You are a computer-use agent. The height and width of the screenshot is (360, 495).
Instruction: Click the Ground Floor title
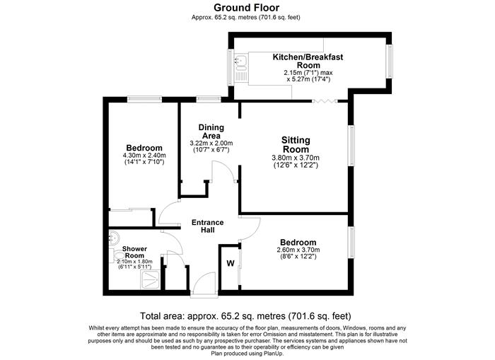pyautogui.click(x=246, y=7)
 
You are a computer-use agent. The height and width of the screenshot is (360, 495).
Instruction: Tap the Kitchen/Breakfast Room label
pyautogui.click(x=308, y=62)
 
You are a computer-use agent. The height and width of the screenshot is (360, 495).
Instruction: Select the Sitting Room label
pyautogui.click(x=296, y=144)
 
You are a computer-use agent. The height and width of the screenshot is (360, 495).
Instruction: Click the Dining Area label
pyautogui.click(x=211, y=132)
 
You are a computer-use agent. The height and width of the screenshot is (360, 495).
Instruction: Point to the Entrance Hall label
pyautogui.click(x=207, y=226)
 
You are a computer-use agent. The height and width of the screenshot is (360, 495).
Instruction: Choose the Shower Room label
pyautogui.click(x=134, y=252)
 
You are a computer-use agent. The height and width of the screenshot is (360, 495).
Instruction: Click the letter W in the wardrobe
pyautogui.click(x=231, y=263)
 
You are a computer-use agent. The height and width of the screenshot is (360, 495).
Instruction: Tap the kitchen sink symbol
pyautogui.click(x=241, y=63)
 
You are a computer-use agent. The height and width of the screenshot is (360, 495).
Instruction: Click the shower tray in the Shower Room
pyautogui.click(x=150, y=280)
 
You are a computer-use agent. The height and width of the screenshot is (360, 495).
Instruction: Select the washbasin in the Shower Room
pyautogui.click(x=114, y=238)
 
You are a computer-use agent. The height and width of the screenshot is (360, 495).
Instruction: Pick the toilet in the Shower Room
pyautogui.click(x=116, y=255)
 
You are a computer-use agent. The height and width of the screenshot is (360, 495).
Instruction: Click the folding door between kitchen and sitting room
pyautogui.click(x=325, y=101)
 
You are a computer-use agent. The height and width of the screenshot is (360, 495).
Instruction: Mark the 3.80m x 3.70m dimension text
pyautogui.click(x=296, y=158)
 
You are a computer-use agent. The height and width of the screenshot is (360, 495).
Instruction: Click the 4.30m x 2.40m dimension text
pyautogui.click(x=144, y=156)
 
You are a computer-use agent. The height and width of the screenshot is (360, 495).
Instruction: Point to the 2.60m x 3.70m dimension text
pyautogui.click(x=298, y=250)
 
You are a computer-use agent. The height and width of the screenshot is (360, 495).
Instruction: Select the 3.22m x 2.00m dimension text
pyautogui.click(x=211, y=143)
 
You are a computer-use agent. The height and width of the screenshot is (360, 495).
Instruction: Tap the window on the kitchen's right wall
pyautogui.click(x=390, y=61)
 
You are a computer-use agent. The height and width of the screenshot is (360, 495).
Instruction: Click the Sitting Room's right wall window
pyautogui.click(x=351, y=145)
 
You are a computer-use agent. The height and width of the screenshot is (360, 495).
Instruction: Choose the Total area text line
pyautogui.click(x=245, y=315)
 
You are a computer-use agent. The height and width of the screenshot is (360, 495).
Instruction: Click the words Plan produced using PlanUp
pyautogui.click(x=248, y=354)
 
